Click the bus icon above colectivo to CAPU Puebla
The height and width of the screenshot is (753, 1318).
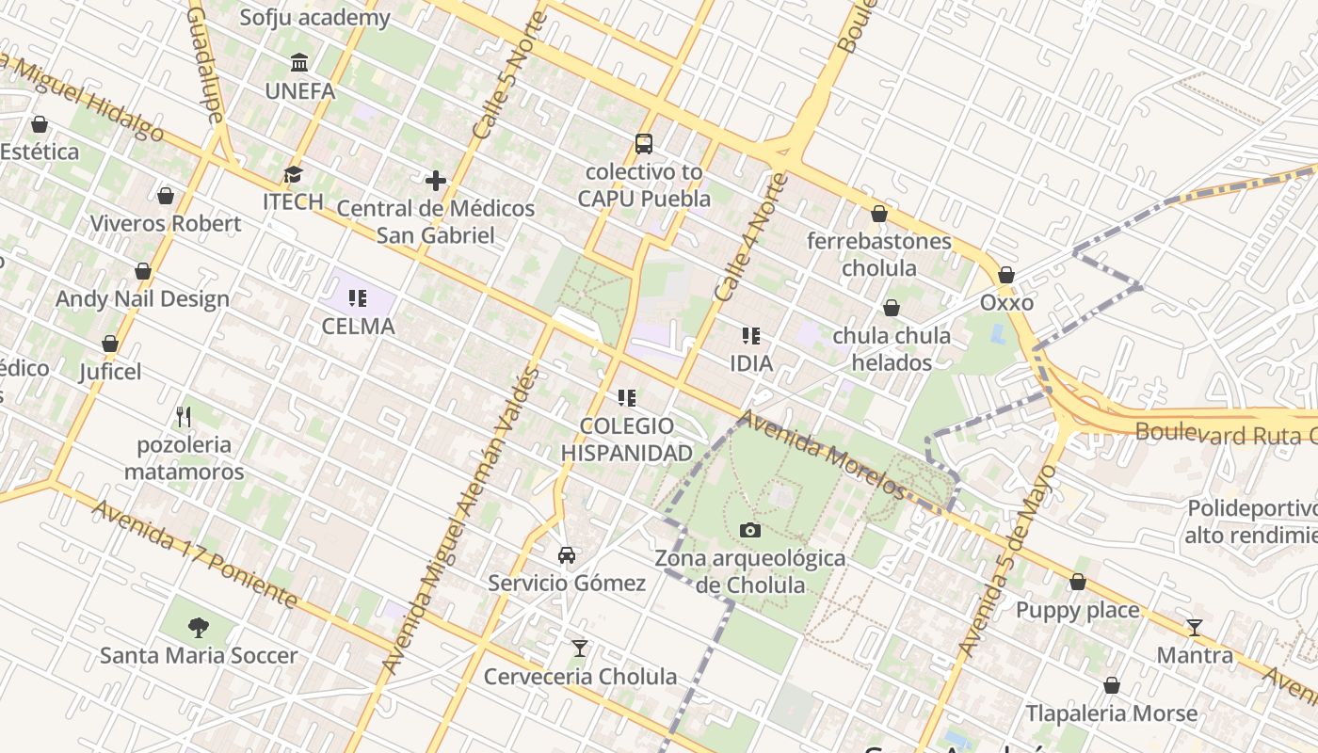pyautogui.click(x=644, y=144)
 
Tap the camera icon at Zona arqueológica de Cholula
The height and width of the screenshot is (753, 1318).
pyautogui.click(x=749, y=530)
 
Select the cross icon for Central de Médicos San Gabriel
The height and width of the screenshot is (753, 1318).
pyautogui.click(x=435, y=180)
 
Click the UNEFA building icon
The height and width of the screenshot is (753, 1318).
pyautogui.click(x=299, y=63)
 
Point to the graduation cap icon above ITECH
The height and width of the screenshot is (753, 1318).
pyautogui.click(x=294, y=174)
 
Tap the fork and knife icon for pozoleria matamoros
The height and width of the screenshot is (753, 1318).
pyautogui.click(x=184, y=416)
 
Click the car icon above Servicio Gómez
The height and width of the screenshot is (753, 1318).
pyautogui.click(x=567, y=554)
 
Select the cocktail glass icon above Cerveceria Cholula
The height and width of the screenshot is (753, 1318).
pyautogui.click(x=580, y=649)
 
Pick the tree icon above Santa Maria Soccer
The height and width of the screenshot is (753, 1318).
pyautogui.click(x=198, y=627)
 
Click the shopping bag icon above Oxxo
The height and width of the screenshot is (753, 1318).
pyautogui.click(x=1006, y=275)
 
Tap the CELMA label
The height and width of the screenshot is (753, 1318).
pyautogui.click(x=358, y=327)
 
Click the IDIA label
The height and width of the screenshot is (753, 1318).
pyautogui.click(x=751, y=363)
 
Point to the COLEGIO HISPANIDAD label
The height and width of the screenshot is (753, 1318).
pyautogui.click(x=627, y=440)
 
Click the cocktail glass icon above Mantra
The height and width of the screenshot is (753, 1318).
pyautogui.click(x=1195, y=627)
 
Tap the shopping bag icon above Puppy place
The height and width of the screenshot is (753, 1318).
pyautogui.click(x=1078, y=582)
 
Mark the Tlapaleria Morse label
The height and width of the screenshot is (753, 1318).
pyautogui.click(x=1111, y=713)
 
